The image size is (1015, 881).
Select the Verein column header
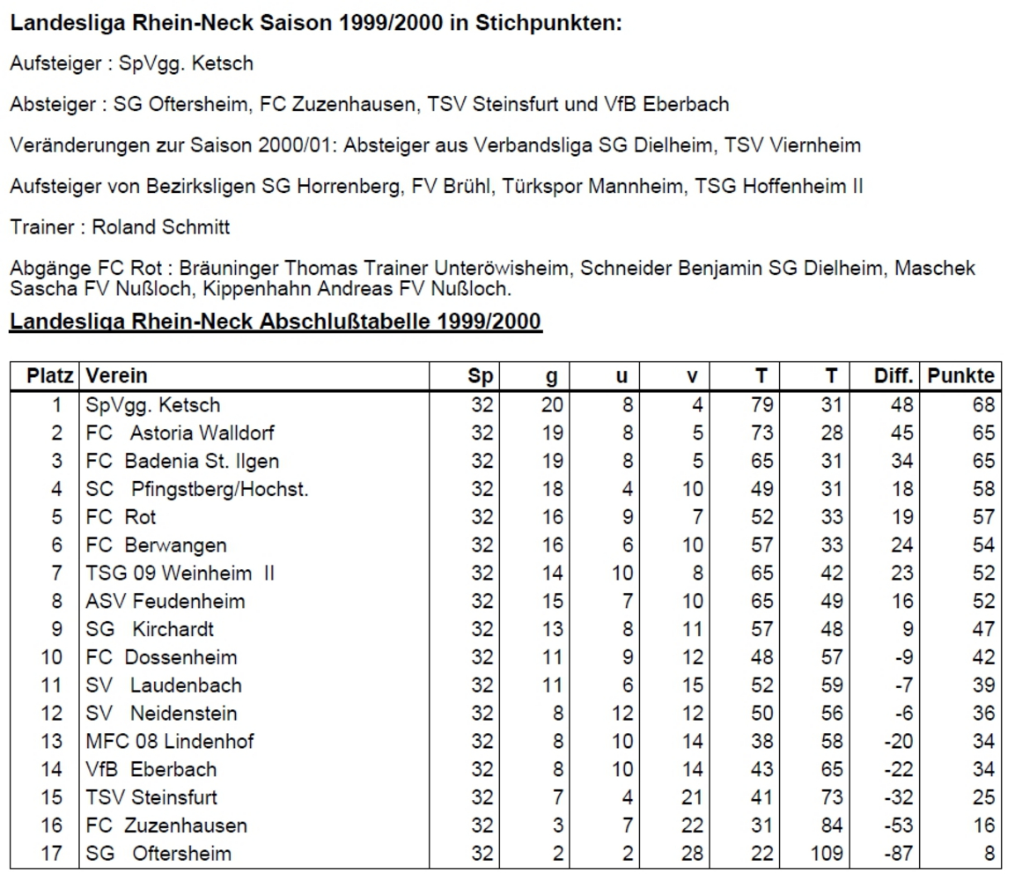116,376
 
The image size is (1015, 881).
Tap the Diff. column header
893,376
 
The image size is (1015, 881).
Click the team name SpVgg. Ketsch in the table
152,405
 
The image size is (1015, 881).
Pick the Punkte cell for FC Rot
983,517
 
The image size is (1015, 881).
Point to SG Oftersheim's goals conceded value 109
826,854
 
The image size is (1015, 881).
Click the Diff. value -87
896,854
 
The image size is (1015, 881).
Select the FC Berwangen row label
156,545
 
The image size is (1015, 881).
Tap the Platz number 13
53,741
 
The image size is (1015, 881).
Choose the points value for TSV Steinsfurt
983,797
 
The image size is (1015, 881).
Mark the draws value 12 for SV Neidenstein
622,714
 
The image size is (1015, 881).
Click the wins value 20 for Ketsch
551,405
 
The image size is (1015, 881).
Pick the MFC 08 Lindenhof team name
169,741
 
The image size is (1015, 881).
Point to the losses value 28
692,854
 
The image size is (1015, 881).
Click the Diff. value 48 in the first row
901,405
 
